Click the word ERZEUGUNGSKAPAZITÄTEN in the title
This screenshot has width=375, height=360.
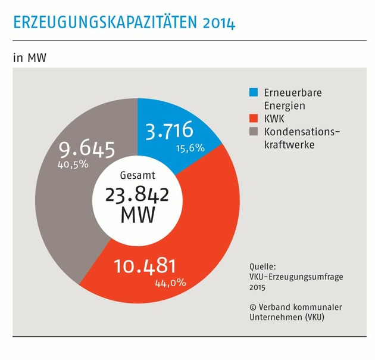coord(101,23)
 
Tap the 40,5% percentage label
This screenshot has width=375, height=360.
coord(72,164)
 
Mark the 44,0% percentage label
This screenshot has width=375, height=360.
coord(171,282)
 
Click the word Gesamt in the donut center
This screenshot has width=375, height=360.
coord(136,176)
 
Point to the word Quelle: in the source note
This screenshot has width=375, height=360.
coord(264,266)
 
